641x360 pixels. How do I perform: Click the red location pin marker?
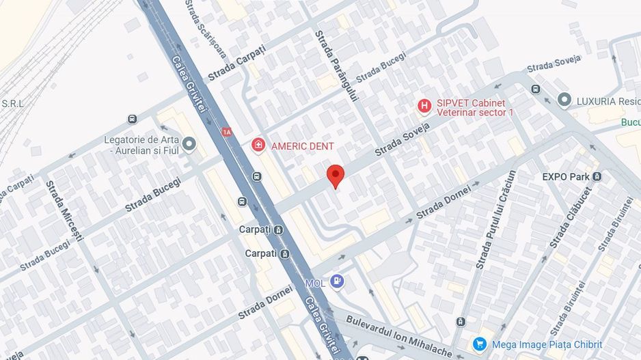[x=334, y=174]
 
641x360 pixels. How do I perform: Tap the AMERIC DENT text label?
[x=303, y=146]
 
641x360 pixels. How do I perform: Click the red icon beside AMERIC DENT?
[x=258, y=145]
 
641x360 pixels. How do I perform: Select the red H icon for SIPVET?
[x=424, y=105]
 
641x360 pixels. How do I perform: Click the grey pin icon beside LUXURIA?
[x=564, y=100]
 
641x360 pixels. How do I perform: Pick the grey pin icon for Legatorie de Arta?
[x=189, y=143]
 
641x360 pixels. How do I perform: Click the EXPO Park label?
[x=566, y=176]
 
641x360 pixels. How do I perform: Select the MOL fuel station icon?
[x=336, y=281]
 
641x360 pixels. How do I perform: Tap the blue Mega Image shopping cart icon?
[x=479, y=344]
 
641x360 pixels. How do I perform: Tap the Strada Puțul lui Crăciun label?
[x=495, y=219]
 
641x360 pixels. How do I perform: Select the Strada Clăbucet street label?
[x=570, y=217]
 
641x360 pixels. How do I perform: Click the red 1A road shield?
[x=227, y=131]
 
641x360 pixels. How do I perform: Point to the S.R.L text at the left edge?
[x=12, y=104]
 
